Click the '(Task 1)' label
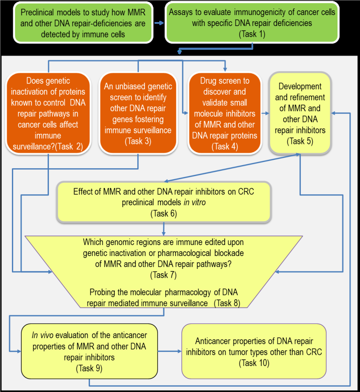pyautogui.click(x=252, y=34)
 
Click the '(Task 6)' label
pyautogui.click(x=163, y=214)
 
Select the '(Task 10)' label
pyautogui.click(x=254, y=363)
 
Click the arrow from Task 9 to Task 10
pyautogui.click(x=169, y=351)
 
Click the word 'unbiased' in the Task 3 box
pyautogui.click(x=130, y=87)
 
